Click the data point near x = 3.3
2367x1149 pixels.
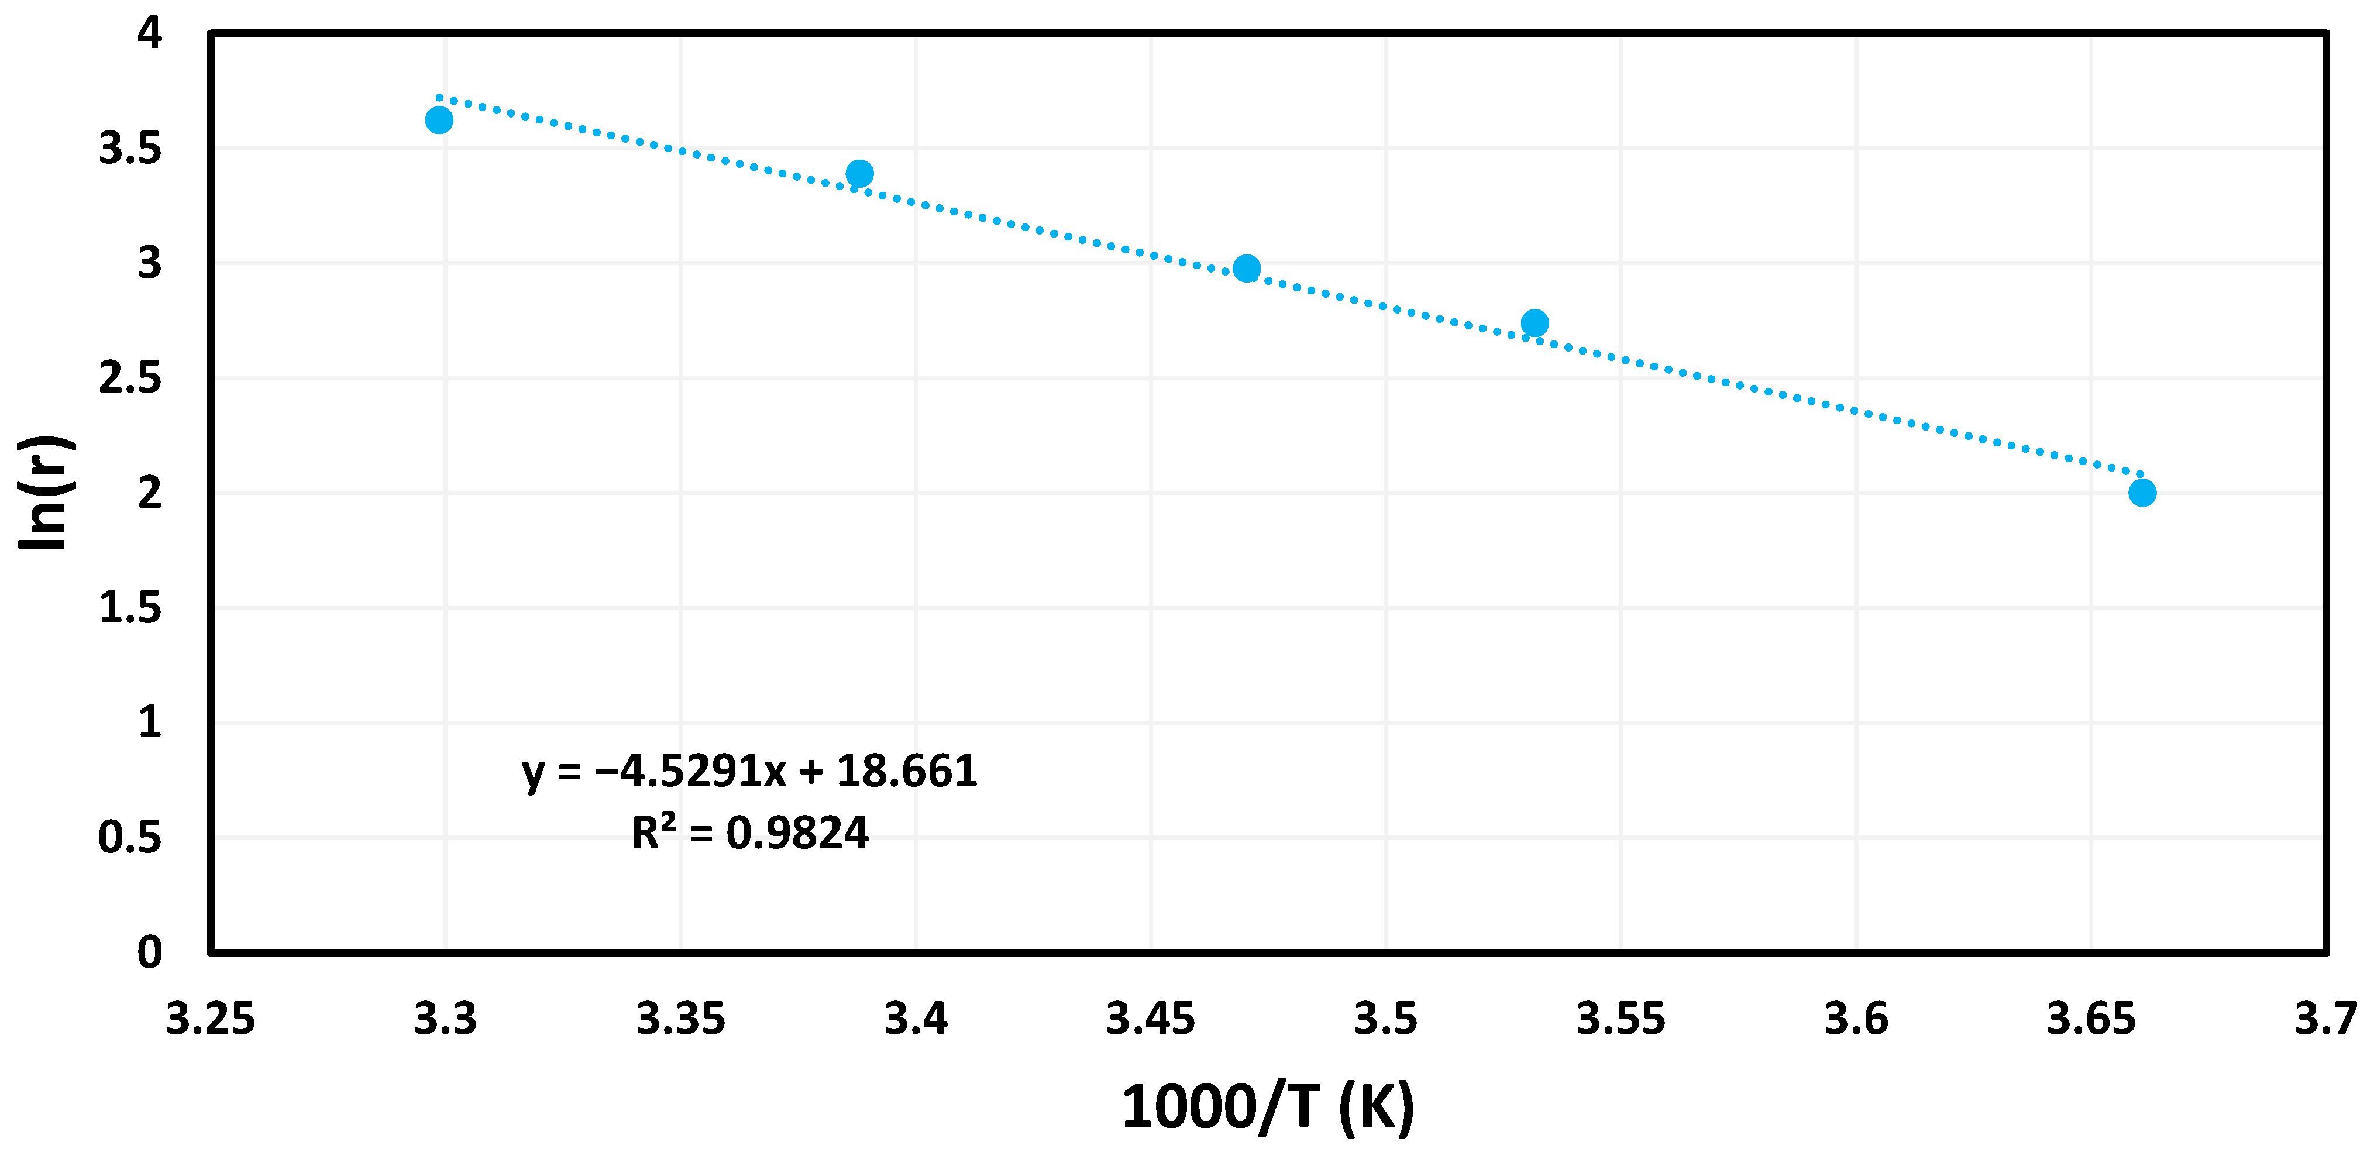click(439, 121)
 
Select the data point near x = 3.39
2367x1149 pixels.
click(859, 173)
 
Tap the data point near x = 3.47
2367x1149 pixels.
click(1246, 269)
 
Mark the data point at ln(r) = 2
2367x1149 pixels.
click(2142, 493)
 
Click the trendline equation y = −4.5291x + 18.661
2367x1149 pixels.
click(749, 770)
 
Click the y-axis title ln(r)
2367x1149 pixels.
click(43, 493)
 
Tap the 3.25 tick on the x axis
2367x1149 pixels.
click(211, 1019)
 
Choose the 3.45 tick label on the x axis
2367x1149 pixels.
click(1150, 1019)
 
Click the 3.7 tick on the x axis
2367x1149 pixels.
click(2325, 1019)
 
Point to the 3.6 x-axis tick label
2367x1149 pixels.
click(1856, 1019)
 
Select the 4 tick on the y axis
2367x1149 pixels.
click(149, 33)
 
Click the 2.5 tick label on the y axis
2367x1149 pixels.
click(129, 378)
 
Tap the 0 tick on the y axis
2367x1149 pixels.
click(149, 952)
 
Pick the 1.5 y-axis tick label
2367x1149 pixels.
click(129, 608)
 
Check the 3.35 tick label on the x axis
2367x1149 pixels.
click(681, 1019)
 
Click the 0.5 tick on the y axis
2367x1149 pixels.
click(129, 837)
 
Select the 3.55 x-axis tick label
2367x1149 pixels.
click(1621, 1019)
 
